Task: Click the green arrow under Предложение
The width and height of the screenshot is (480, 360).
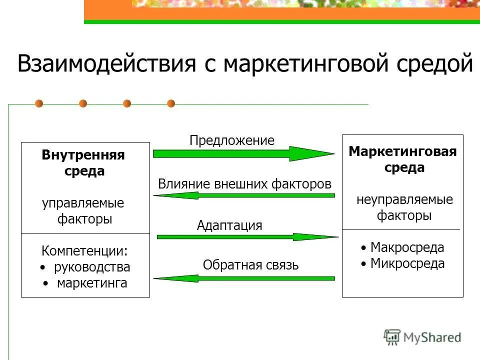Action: pos(243,154)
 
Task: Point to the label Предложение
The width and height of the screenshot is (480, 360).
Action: pos(232,140)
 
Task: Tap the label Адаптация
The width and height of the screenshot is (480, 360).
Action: pos(229,225)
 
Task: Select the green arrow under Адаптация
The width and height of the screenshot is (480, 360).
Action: pos(247,236)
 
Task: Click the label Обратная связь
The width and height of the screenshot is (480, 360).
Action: pos(250,265)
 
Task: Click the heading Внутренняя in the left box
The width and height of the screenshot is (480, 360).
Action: pos(83,155)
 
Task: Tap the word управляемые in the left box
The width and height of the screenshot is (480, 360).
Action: pos(83,203)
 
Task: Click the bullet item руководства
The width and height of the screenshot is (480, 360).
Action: pos(92,267)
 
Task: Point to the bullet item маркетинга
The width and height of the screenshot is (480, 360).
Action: pos(92,283)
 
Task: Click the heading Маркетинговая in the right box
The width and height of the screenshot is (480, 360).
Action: pos(403,151)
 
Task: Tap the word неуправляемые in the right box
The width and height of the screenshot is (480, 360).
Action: pos(404,200)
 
